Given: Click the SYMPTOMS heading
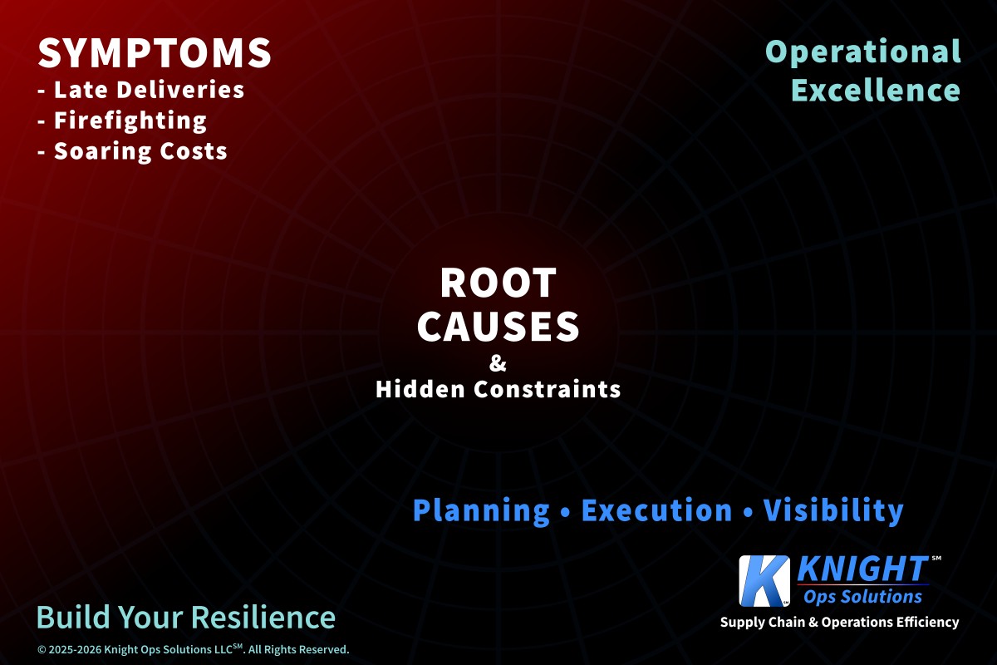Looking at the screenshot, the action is pyautogui.click(x=155, y=53).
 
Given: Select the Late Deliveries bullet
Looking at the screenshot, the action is pyautogui.click(x=141, y=90).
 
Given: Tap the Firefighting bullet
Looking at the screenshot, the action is pyautogui.click(x=122, y=121).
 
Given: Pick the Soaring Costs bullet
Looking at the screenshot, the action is pyautogui.click(x=133, y=150).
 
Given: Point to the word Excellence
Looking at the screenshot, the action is pyautogui.click(x=876, y=91).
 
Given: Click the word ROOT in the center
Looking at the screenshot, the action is pyautogui.click(x=498, y=283).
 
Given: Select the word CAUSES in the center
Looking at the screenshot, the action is pyautogui.click(x=498, y=326).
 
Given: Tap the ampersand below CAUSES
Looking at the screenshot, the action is pyautogui.click(x=498, y=363).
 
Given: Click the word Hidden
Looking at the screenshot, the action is pyautogui.click(x=420, y=389).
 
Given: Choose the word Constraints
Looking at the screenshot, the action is pyautogui.click(x=547, y=389).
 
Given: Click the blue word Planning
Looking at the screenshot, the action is pyautogui.click(x=481, y=510).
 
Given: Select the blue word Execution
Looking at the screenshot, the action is pyautogui.click(x=656, y=510).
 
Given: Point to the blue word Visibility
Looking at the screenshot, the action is pyautogui.click(x=833, y=510).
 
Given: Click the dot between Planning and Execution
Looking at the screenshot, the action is pyautogui.click(x=566, y=511).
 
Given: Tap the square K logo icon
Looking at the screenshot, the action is pyautogui.click(x=764, y=581).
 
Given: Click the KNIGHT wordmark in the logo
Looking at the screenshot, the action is pyautogui.click(x=862, y=569).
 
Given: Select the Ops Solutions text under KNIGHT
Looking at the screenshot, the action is pyautogui.click(x=862, y=597).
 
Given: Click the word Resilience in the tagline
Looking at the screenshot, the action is pyautogui.click(x=263, y=617).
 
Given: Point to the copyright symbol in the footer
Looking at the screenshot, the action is pyautogui.click(x=42, y=650).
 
